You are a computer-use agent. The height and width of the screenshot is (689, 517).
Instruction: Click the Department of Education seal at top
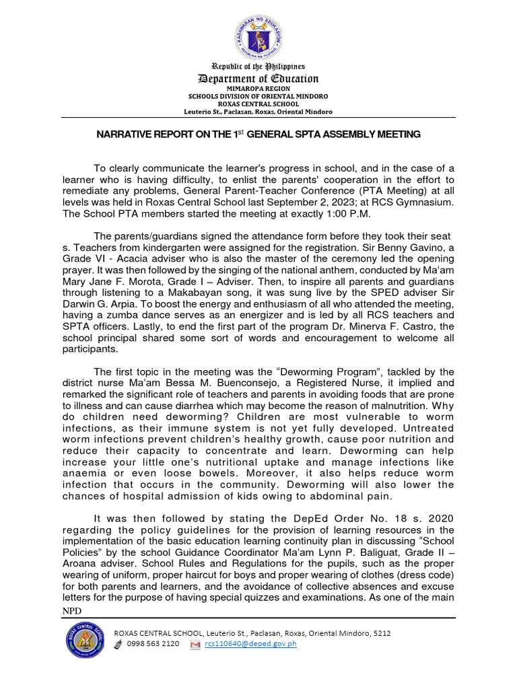pyautogui.click(x=258, y=36)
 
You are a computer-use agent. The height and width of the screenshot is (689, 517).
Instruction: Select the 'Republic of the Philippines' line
pyautogui.click(x=258, y=67)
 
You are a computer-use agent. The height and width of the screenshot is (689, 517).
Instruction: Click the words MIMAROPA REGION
pyautogui.click(x=258, y=88)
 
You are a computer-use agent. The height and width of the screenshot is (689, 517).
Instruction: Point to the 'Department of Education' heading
pyautogui.click(x=258, y=79)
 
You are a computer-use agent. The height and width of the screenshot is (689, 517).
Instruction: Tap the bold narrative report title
pyautogui.click(x=258, y=135)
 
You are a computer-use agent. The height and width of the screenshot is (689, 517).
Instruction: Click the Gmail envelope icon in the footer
pyautogui.click(x=195, y=645)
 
